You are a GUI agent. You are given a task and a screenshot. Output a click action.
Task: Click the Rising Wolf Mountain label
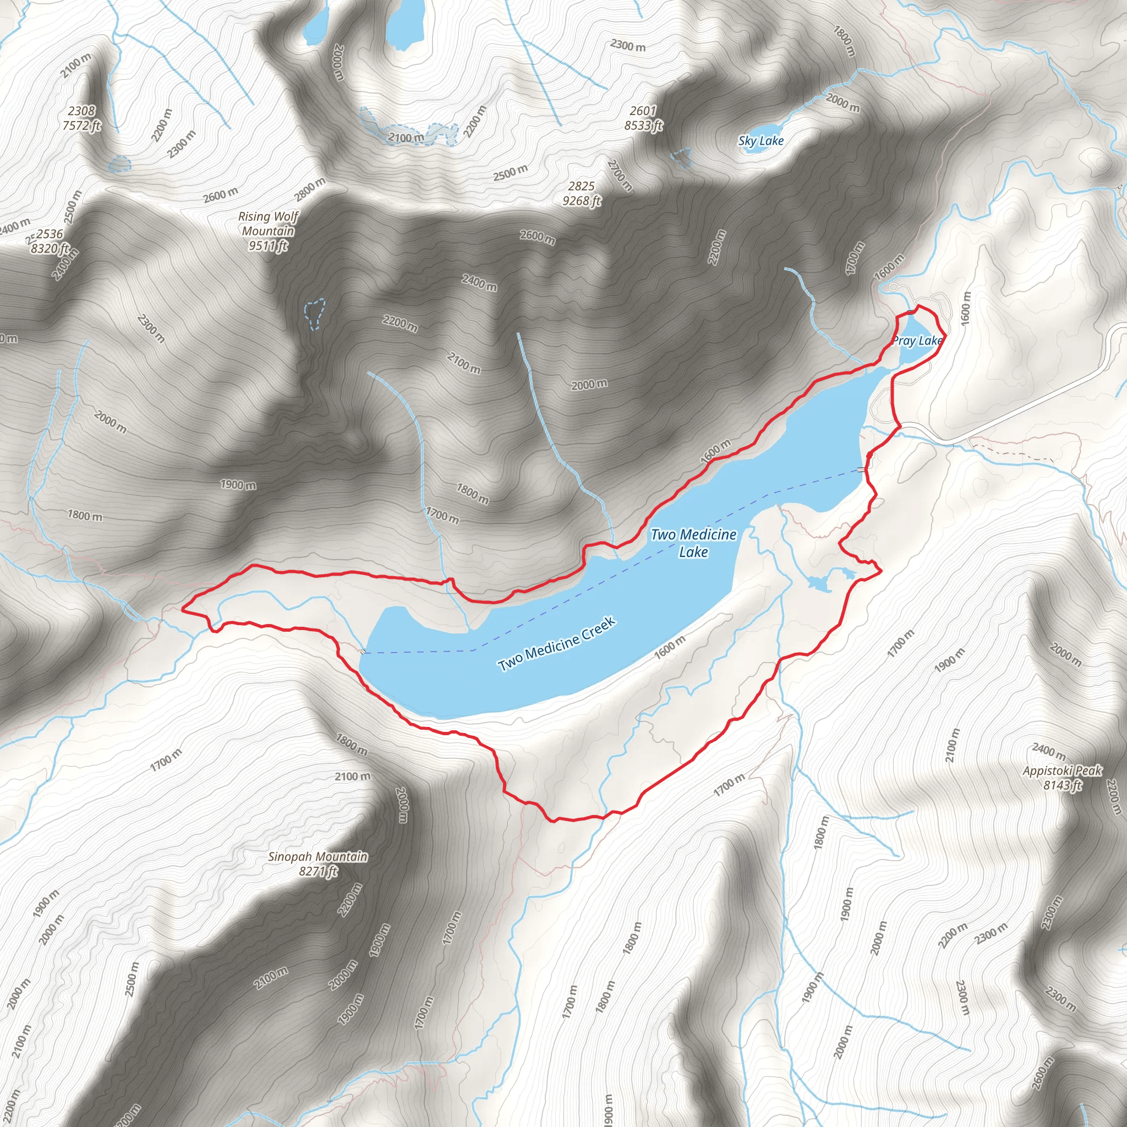tap(268, 231)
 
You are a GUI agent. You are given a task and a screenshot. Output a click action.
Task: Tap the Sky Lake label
tap(761, 140)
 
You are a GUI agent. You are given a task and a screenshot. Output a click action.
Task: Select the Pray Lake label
tap(916, 341)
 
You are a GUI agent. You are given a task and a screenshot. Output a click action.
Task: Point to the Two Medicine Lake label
tap(693, 543)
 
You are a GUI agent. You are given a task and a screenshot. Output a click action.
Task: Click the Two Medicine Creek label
tap(556, 644)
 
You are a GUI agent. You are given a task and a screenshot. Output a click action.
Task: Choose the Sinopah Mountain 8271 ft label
tap(318, 864)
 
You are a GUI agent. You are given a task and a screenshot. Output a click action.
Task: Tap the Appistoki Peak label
tap(1062, 778)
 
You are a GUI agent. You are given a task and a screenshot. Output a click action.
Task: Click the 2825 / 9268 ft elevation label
tap(582, 194)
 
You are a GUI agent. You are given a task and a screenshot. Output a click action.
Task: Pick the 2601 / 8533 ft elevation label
tap(643, 118)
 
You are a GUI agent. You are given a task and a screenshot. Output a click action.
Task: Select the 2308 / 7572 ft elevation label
tap(81, 118)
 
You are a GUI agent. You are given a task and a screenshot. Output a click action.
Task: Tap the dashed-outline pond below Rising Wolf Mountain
tap(315, 313)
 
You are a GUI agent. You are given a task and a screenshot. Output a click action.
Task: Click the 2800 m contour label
tap(310, 188)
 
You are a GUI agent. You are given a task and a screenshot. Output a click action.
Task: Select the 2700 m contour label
tap(620, 174)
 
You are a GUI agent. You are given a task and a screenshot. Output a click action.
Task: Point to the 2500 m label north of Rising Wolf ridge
tap(511, 173)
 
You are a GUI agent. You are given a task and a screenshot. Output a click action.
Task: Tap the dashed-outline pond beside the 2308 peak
tap(119, 164)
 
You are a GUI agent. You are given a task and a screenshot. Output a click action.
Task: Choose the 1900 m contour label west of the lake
tap(238, 484)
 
